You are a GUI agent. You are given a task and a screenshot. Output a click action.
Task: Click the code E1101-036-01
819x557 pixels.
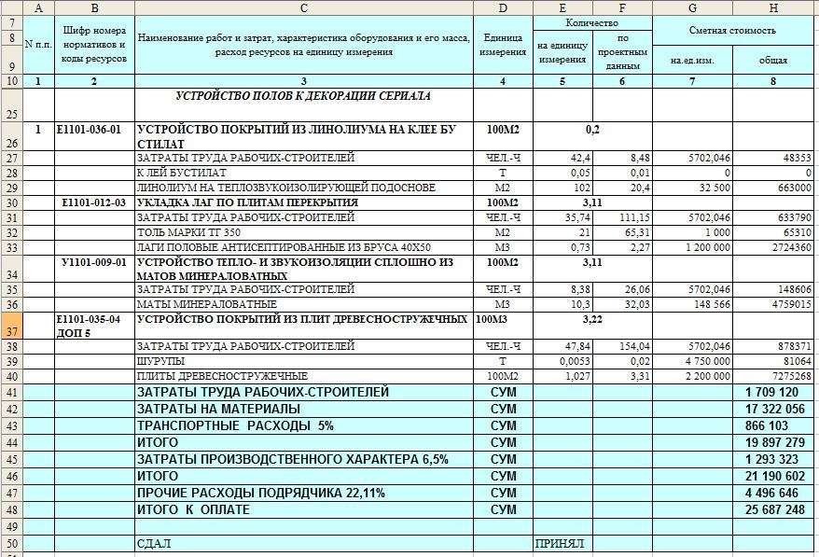point(90,131)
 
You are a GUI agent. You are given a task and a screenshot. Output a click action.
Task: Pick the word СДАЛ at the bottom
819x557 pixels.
point(155,543)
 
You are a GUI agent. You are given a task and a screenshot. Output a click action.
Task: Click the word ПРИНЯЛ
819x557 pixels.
point(559,543)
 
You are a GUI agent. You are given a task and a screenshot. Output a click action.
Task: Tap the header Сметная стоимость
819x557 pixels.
point(732,30)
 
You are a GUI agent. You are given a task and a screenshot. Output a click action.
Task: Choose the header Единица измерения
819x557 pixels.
point(503,45)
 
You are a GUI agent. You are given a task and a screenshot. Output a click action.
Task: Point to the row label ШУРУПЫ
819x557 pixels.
point(161,361)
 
